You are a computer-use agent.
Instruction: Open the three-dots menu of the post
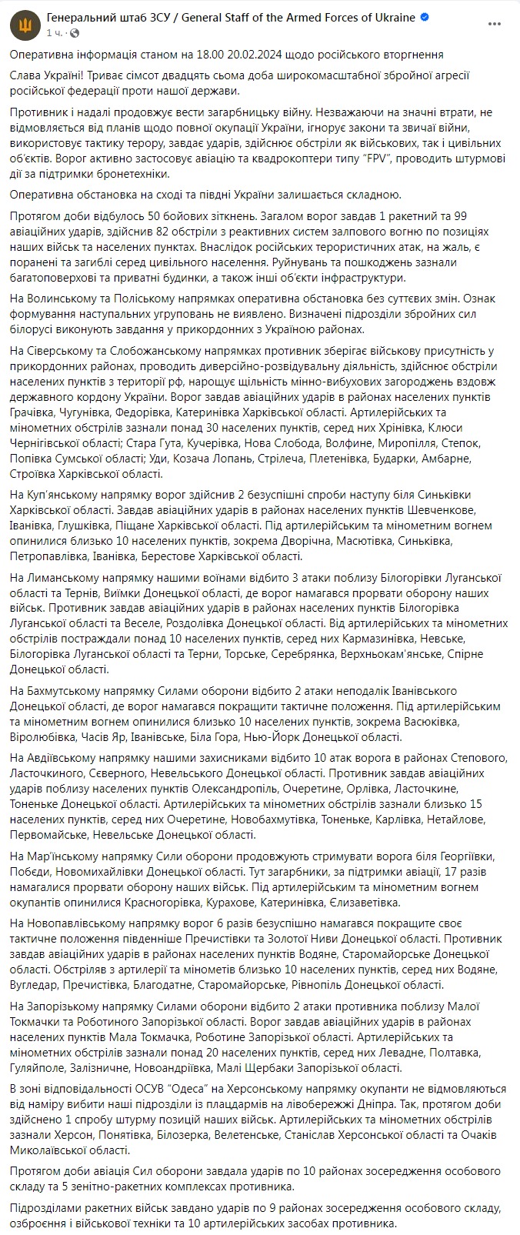pyautogui.click(x=495, y=25)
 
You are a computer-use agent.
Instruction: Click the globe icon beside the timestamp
pyautogui.click(x=75, y=33)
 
